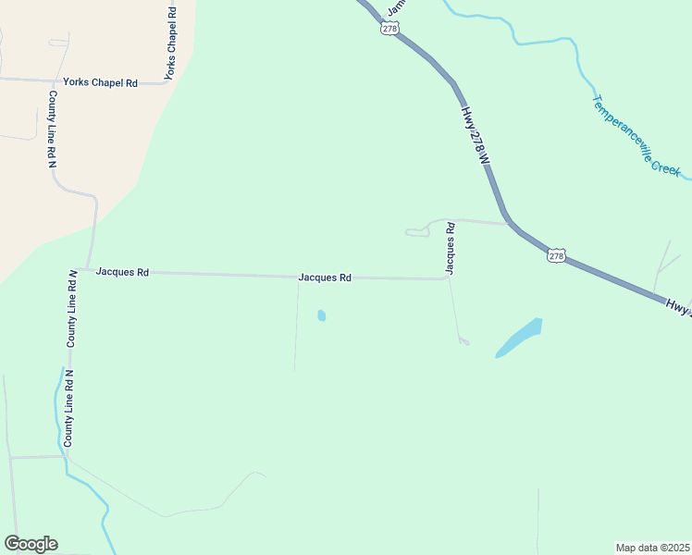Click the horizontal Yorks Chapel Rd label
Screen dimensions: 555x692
coord(106,83)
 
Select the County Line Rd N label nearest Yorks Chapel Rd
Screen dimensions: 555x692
coord(53,129)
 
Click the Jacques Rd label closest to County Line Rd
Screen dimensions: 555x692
coord(122,273)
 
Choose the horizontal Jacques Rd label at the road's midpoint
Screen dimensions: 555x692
coord(325,277)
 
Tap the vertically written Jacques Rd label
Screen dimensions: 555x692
coord(450,248)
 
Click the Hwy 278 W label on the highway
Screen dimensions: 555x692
coord(474,135)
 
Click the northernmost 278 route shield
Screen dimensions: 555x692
coord(389,29)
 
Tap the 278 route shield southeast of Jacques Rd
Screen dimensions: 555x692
coord(555,255)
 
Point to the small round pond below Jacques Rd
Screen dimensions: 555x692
coord(321,315)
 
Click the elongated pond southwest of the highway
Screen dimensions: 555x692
coord(519,338)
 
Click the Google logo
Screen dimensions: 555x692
coord(31,544)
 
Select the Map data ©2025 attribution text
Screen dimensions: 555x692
coord(653,548)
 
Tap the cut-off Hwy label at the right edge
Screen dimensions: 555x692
coord(678,307)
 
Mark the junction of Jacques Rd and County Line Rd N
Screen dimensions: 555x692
coord(88,270)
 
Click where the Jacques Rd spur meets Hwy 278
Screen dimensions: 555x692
coord(507,223)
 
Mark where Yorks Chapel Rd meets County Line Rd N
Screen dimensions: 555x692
coord(52,81)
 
